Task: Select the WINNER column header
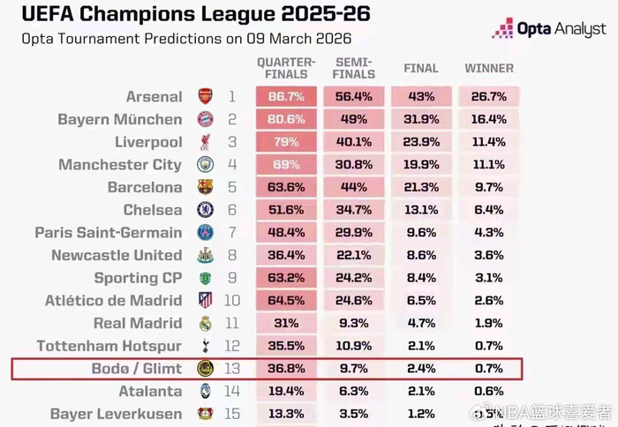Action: (x=489, y=69)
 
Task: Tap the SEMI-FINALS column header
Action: (x=354, y=69)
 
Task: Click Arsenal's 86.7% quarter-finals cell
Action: (x=286, y=97)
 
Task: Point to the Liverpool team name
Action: (x=148, y=142)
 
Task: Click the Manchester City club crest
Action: (x=205, y=165)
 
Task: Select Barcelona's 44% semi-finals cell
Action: (x=354, y=187)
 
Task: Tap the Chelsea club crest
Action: (x=205, y=210)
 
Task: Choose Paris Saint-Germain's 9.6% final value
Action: (x=420, y=233)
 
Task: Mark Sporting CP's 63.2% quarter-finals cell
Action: (x=286, y=278)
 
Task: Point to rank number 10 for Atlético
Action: (x=231, y=301)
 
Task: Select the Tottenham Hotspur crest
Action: (x=205, y=346)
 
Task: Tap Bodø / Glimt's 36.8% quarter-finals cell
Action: (x=286, y=369)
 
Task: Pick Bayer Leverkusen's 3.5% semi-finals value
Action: (x=354, y=414)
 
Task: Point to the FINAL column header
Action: (x=420, y=69)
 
